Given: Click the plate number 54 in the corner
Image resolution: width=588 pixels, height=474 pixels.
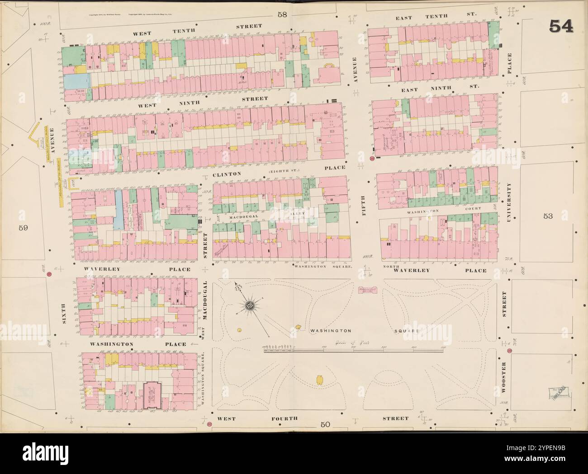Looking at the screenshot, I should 561,27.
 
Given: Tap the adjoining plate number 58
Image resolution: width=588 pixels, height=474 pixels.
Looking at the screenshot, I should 282,14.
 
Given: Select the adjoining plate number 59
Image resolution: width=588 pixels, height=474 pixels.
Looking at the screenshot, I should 24,228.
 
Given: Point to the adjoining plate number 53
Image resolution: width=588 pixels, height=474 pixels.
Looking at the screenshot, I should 548,216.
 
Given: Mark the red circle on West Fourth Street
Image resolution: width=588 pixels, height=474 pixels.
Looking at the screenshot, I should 209,424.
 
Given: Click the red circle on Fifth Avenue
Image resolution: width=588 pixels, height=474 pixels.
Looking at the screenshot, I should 372,159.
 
